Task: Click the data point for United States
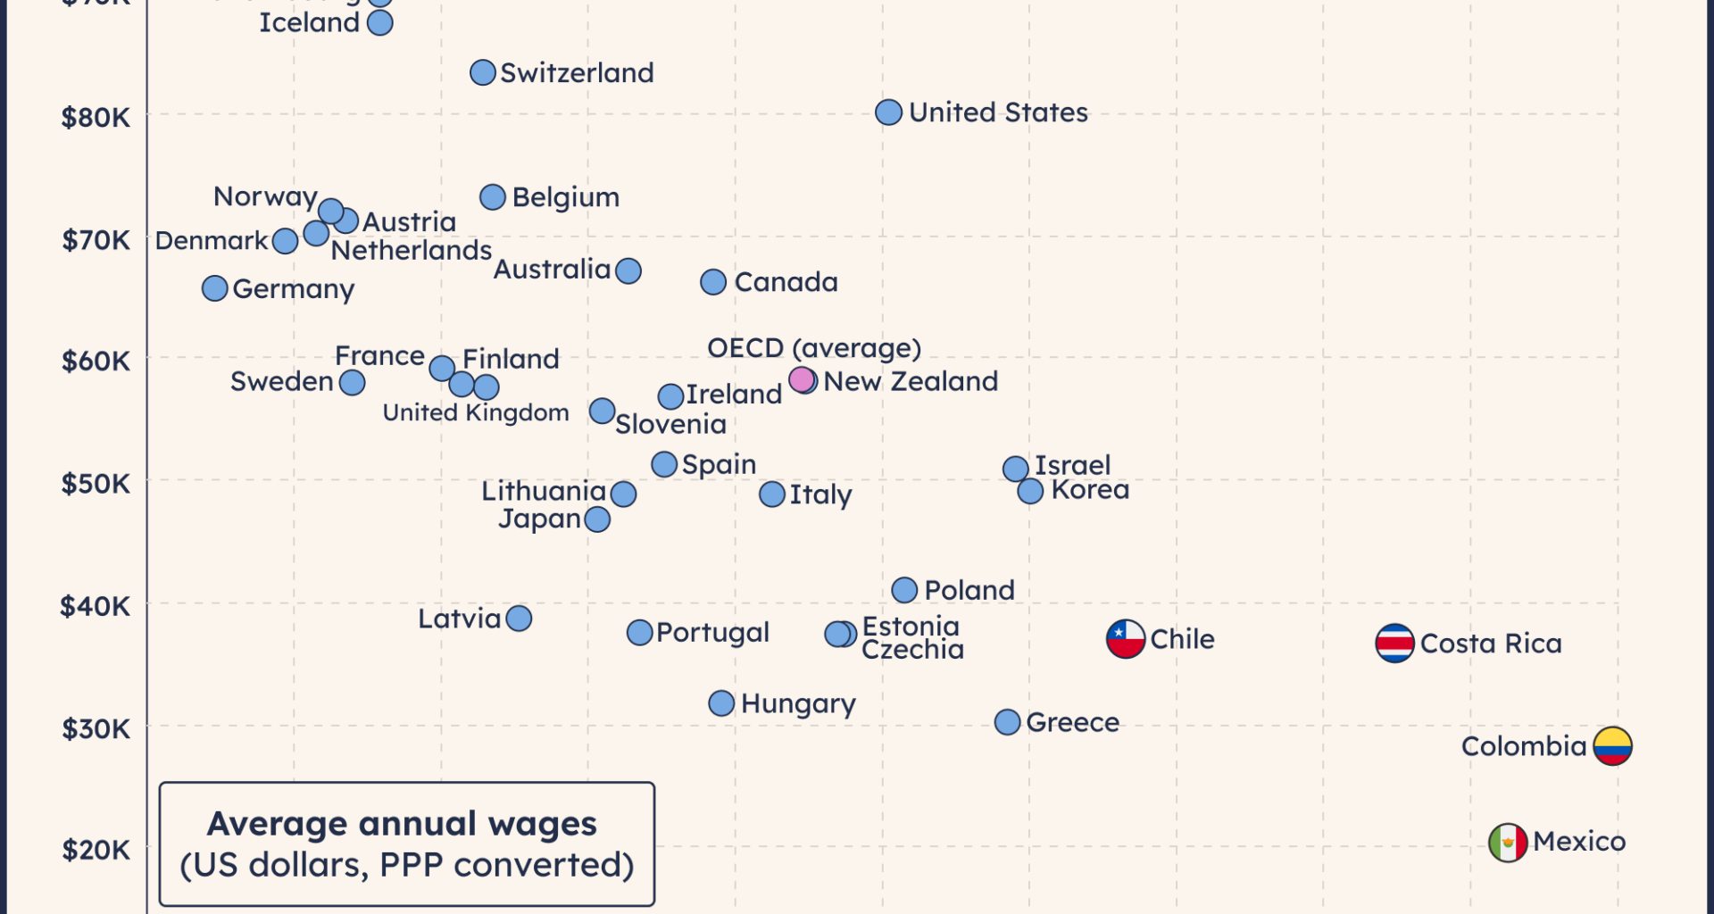coord(888,112)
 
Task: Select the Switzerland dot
coord(483,72)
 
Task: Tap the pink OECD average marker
coord(802,380)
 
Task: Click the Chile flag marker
coord(1126,639)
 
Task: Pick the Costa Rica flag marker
coord(1394,644)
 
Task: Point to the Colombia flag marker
coord(1612,746)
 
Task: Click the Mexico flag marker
coord(1508,843)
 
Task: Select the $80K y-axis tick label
coord(96,117)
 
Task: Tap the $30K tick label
coord(96,729)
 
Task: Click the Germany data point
coord(214,288)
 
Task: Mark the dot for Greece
coord(1007,722)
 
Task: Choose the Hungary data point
coord(721,703)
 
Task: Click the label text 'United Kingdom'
coord(476,412)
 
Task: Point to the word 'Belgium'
coord(565,197)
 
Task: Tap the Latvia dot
coord(519,619)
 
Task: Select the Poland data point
coord(904,590)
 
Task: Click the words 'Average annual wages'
coord(402,824)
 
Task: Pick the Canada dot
coord(713,282)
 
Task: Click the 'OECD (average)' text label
coord(813,348)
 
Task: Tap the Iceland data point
coord(380,23)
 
